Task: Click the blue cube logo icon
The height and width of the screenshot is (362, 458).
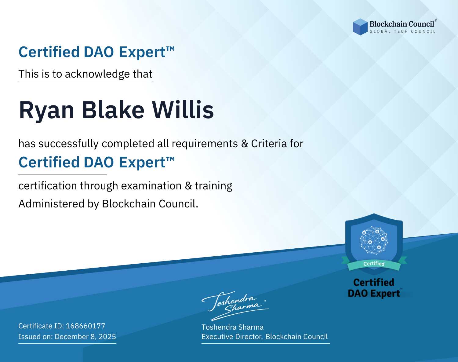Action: pyautogui.click(x=360, y=27)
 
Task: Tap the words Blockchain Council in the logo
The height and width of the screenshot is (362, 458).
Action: pyautogui.click(x=402, y=24)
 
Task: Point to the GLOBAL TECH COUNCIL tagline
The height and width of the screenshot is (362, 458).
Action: pyautogui.click(x=402, y=31)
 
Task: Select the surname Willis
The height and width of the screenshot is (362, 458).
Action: pyautogui.click(x=183, y=110)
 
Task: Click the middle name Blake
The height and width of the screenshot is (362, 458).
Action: pyautogui.click(x=113, y=110)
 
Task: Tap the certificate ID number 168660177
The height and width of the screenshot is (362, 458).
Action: pyautogui.click(x=85, y=326)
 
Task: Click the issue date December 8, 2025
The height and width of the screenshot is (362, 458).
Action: pyautogui.click(x=85, y=336)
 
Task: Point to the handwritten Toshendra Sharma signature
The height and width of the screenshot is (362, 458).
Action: pyautogui.click(x=235, y=305)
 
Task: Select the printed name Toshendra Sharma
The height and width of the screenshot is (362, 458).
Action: pyautogui.click(x=232, y=327)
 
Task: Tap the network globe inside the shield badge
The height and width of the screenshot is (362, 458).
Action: pyautogui.click(x=374, y=240)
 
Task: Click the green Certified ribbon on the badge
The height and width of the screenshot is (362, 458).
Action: pyautogui.click(x=374, y=264)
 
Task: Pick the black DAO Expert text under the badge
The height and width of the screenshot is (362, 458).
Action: pyautogui.click(x=374, y=294)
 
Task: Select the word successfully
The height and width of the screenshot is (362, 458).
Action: pyautogui.click(x=68, y=144)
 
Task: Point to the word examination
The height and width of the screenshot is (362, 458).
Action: pyautogui.click(x=151, y=186)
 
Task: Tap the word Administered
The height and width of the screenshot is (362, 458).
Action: pyautogui.click(x=51, y=204)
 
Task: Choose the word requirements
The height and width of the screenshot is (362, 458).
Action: pyautogui.click(x=205, y=144)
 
